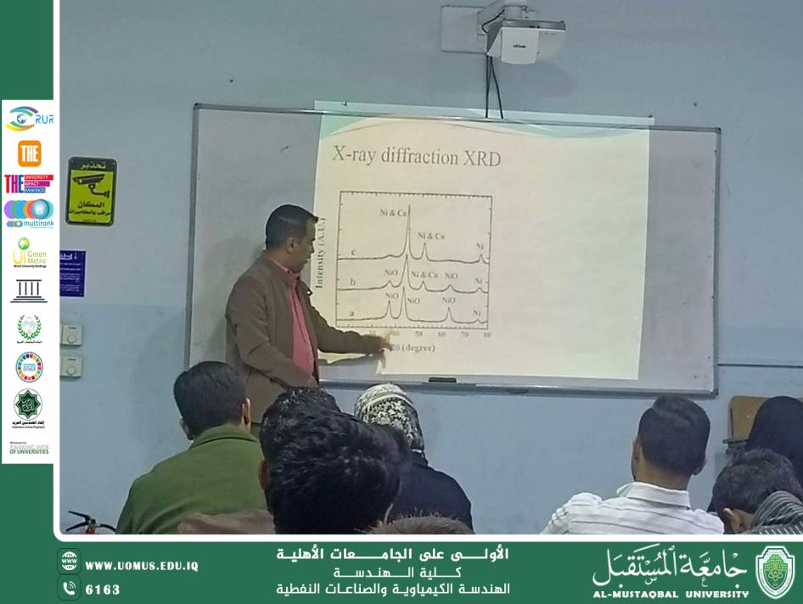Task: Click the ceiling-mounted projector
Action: [525, 38]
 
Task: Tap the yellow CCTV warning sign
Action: [91, 191]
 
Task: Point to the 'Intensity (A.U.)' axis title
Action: [321, 254]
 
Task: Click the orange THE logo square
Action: [29, 153]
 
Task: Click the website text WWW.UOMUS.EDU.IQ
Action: [141, 566]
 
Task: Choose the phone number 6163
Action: [103, 589]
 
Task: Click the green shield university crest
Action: [774, 572]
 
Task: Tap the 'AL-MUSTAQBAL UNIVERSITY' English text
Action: [671, 594]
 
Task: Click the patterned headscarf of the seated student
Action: [389, 411]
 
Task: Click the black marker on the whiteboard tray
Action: [442, 379]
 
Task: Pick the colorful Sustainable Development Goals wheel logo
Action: [29, 366]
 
